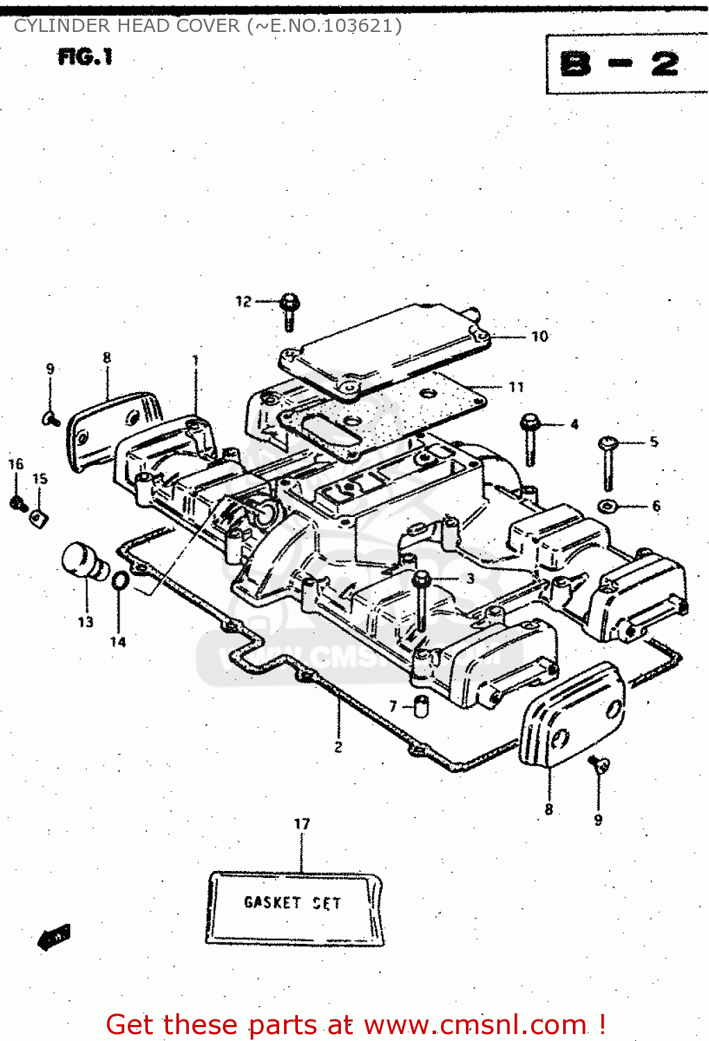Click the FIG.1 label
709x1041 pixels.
[x=85, y=57]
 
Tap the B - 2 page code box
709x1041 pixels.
[x=620, y=65]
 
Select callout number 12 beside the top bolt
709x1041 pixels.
[x=243, y=301]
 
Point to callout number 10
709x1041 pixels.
[x=540, y=337]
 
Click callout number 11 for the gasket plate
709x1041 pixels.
[x=516, y=387]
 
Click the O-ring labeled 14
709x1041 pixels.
[x=119, y=580]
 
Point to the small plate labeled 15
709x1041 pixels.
[x=39, y=516]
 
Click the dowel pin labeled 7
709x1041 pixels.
[x=421, y=706]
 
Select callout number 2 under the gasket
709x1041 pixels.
[x=338, y=747]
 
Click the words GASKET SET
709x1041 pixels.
[x=292, y=903]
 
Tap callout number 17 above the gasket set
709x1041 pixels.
[x=301, y=824]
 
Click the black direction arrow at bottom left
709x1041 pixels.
[x=54, y=937]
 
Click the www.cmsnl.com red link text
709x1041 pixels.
[x=475, y=1024]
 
